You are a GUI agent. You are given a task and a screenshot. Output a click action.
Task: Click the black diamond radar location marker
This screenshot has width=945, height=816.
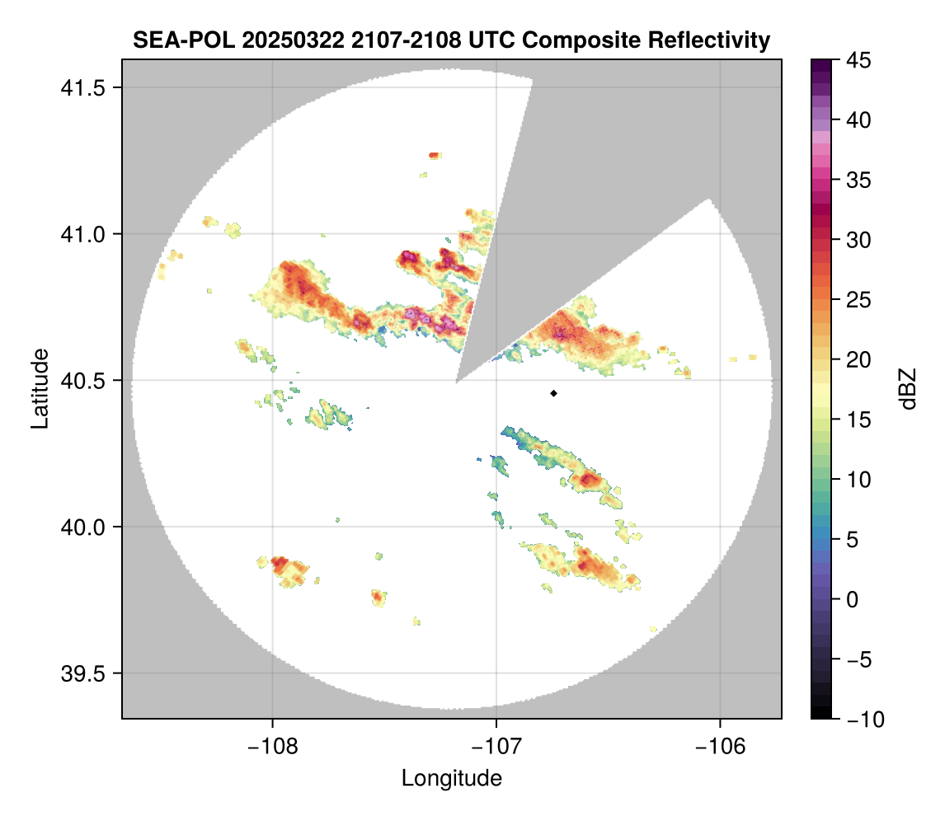point(553,393)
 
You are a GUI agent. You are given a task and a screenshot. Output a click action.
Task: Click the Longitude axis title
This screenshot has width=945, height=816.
point(451,778)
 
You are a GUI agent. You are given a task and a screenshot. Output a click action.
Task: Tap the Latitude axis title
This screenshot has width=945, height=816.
point(40,388)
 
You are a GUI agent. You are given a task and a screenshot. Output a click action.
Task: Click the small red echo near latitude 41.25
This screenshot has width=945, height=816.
point(434,155)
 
